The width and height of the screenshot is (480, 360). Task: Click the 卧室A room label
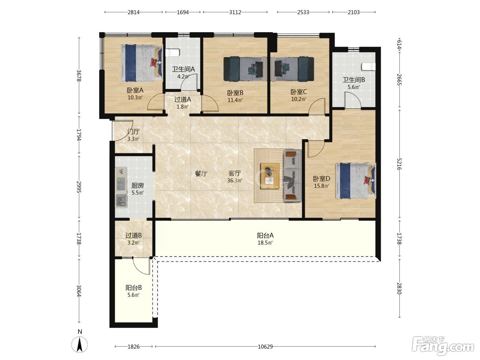click(135, 90)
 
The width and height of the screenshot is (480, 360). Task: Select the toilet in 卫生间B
click(369, 67)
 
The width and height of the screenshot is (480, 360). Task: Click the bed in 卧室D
click(356, 181)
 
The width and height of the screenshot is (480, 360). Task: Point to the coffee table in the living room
click(269, 176)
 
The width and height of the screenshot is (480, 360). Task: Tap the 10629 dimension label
click(265, 347)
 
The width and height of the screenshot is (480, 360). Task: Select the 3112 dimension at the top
click(235, 12)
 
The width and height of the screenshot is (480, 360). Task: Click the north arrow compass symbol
click(80, 345)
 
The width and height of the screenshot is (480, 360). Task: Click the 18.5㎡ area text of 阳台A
click(265, 243)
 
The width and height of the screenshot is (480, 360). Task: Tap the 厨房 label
click(137, 185)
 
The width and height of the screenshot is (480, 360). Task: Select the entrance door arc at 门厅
click(122, 131)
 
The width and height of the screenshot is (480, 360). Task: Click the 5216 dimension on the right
click(399, 164)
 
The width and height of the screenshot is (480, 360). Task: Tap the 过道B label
click(134, 235)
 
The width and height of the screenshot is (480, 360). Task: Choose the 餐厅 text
click(201, 174)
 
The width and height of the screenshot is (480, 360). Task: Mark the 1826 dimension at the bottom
click(134, 347)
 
